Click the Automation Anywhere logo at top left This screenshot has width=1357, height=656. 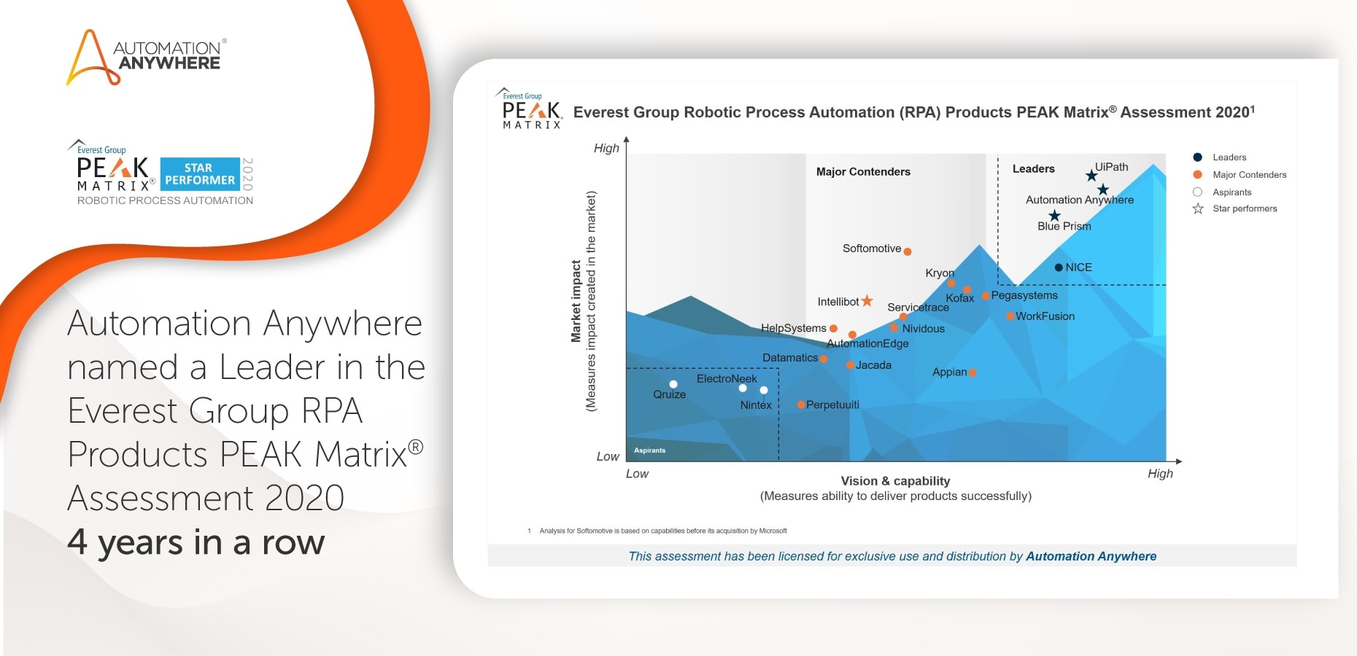(146, 57)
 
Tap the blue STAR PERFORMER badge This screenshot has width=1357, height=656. (199, 174)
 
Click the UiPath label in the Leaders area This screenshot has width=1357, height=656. (1111, 167)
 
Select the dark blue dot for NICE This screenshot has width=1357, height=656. (1059, 268)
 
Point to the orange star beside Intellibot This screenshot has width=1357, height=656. (867, 301)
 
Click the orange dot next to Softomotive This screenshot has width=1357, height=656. (908, 251)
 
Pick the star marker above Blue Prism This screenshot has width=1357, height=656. (1054, 216)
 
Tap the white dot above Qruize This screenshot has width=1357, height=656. (673, 384)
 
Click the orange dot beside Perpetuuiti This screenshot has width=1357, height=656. (801, 405)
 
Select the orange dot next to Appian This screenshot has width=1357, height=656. (973, 372)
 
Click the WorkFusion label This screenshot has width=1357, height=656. (1045, 316)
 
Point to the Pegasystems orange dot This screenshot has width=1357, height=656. (986, 296)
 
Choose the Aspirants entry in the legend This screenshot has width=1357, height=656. (1232, 192)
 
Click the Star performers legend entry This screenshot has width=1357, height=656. (1244, 208)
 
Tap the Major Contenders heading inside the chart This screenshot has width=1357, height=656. (863, 172)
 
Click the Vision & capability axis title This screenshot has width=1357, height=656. (895, 481)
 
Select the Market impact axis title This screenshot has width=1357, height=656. (576, 301)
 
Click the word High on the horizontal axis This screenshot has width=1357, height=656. (1160, 474)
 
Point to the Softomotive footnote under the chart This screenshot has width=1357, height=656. (662, 531)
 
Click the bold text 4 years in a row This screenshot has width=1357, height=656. (196, 542)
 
